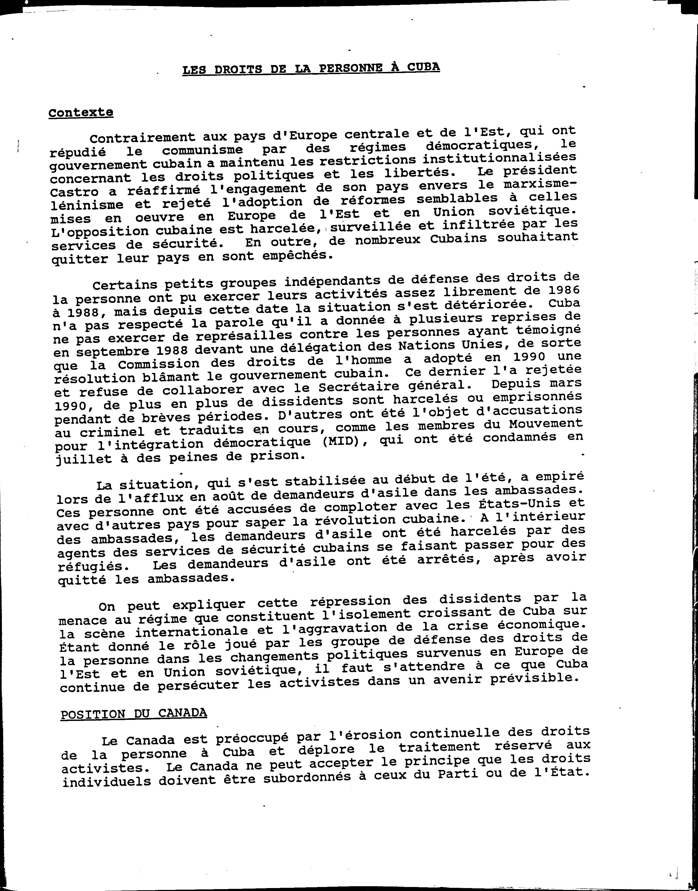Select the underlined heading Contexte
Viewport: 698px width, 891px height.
pyautogui.click(x=81, y=112)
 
